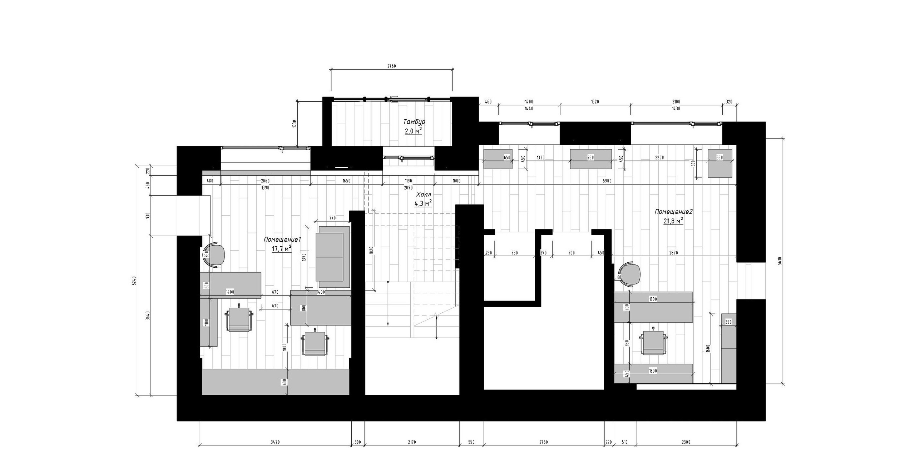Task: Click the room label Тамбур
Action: click(x=414, y=122)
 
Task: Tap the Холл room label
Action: click(x=424, y=195)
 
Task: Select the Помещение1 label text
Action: click(x=282, y=239)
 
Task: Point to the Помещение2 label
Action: click(x=673, y=212)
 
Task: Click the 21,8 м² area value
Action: click(x=673, y=221)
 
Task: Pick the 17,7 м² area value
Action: click(x=282, y=249)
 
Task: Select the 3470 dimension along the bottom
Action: click(x=275, y=442)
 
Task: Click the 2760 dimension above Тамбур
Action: click(x=391, y=66)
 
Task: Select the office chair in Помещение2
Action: click(x=654, y=342)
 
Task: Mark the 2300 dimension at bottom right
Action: click(x=686, y=442)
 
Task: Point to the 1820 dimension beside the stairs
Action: click(x=372, y=251)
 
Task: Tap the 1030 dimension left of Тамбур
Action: click(x=294, y=123)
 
